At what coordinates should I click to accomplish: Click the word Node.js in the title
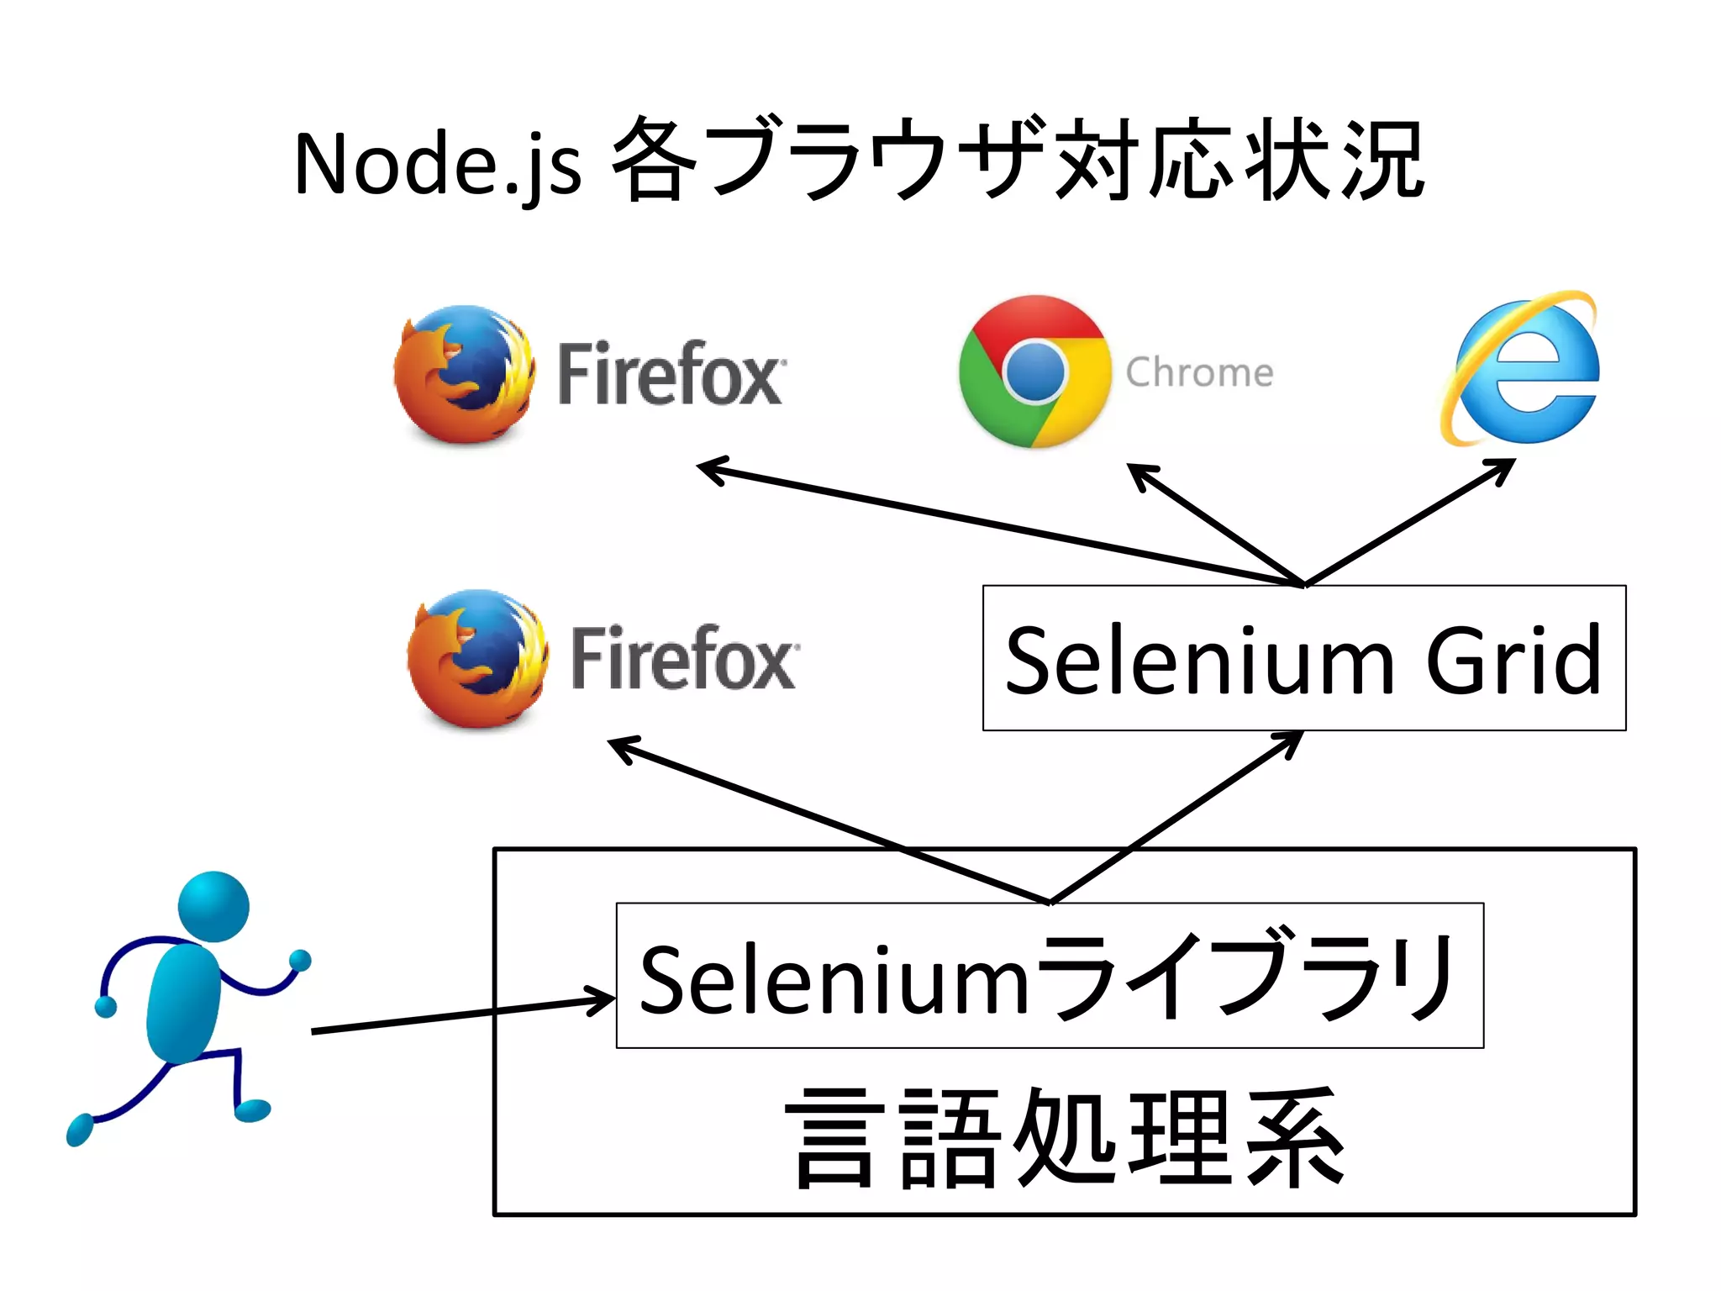tap(437, 164)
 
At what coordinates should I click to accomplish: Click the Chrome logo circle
tap(1034, 371)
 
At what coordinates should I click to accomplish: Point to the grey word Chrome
tap(1199, 372)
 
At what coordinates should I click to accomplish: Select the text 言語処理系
tap(1065, 1138)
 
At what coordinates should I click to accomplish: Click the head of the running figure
tap(213, 906)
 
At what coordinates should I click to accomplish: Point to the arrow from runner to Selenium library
tap(462, 1014)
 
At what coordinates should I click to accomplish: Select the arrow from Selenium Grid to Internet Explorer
tap(1412, 521)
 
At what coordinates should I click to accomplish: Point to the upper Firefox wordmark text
tap(671, 374)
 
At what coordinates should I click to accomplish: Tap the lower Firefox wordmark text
tap(684, 659)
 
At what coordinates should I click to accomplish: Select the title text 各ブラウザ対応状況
tap(1017, 160)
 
